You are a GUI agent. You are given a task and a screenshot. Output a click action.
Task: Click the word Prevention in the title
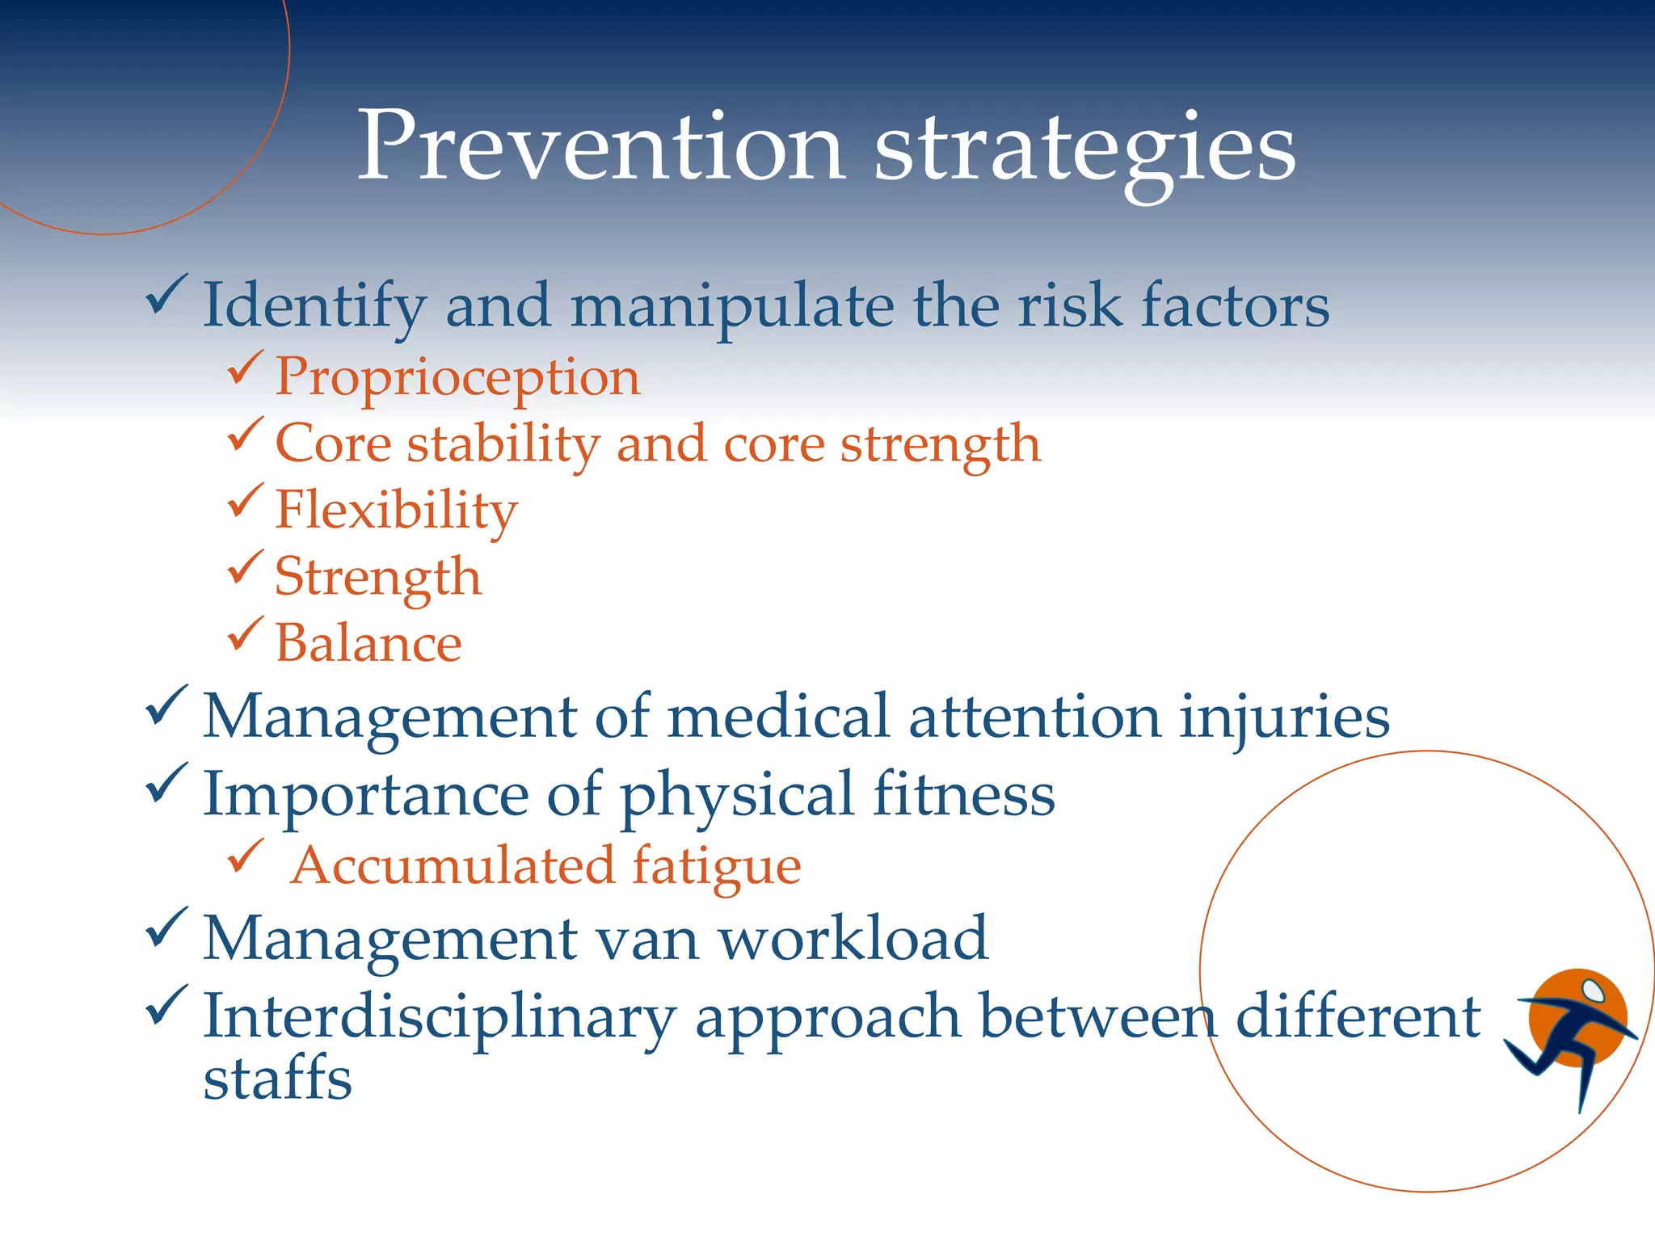(x=601, y=147)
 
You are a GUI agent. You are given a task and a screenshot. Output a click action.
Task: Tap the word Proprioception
(x=457, y=378)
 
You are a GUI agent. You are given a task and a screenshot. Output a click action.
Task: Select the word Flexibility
(x=396, y=511)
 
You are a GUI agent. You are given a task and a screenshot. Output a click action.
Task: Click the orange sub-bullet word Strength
(x=377, y=578)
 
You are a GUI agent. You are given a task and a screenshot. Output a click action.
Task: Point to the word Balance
(x=368, y=643)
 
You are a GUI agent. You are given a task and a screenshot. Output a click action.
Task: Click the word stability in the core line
(x=503, y=445)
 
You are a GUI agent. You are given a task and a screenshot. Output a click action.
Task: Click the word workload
(x=853, y=939)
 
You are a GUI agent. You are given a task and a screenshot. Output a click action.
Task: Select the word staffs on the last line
(x=277, y=1079)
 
